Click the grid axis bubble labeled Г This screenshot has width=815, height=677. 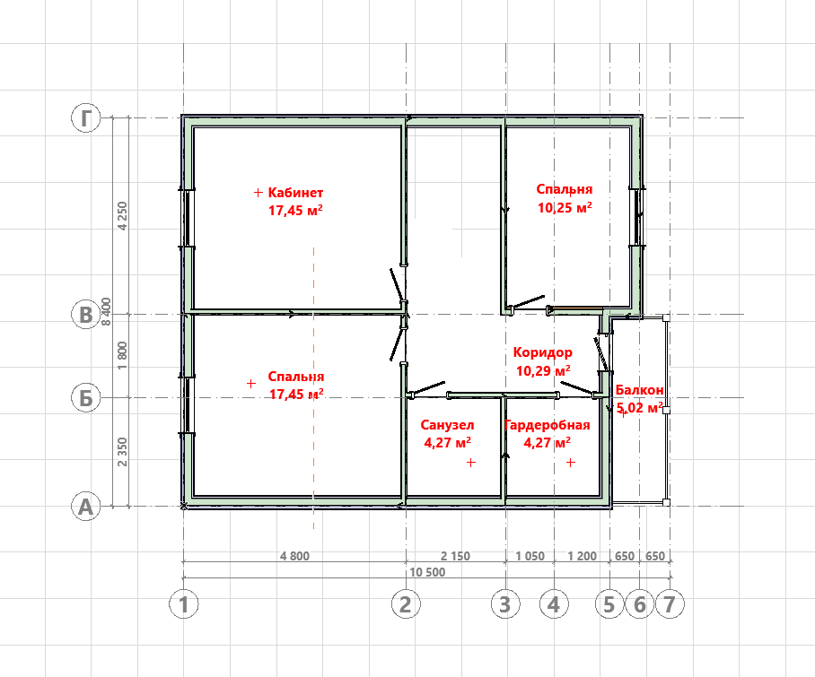pos(86,117)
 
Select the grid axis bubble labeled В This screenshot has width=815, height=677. pos(86,315)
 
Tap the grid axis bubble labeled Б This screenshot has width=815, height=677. pos(86,398)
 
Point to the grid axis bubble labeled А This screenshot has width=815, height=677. pos(86,507)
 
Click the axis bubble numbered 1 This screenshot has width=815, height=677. pos(183,604)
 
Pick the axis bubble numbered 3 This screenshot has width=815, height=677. pos(505,604)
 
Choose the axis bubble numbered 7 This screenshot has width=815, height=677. pos(670,604)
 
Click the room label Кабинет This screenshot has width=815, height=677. pos(295,193)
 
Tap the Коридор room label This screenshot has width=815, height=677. pos(543,352)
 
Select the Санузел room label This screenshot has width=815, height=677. pos(448,425)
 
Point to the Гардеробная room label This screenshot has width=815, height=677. pos(548,425)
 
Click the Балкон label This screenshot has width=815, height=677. pos(639,390)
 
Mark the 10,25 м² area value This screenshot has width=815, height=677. pos(565,208)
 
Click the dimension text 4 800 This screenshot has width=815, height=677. pos(294,556)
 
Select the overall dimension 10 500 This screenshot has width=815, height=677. pos(427,572)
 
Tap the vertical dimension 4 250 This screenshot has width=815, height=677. pos(122,216)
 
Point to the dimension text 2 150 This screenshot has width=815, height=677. pos(455,556)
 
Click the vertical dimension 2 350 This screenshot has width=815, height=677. pos(122,452)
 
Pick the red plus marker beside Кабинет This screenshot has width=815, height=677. pos(258,193)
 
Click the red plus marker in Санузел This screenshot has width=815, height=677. pos(471,462)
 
